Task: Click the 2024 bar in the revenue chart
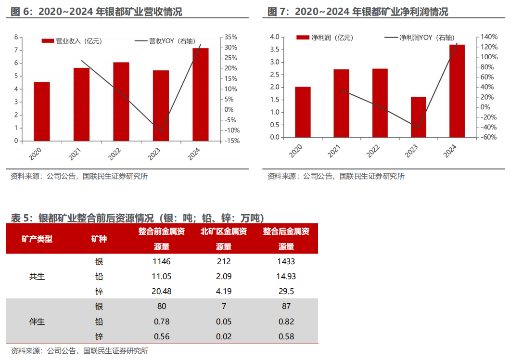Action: point(201,94)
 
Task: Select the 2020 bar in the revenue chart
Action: point(42,112)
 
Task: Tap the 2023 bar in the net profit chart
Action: point(419,117)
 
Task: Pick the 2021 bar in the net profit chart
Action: point(342,103)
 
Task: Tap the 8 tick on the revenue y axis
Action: point(16,37)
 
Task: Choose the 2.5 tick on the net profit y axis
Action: point(275,75)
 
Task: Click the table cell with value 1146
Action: point(161,262)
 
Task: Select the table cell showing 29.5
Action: point(286,291)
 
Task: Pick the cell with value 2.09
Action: point(223,276)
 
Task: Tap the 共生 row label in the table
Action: point(37,277)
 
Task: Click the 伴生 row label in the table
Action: point(37,321)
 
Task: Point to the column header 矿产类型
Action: point(37,239)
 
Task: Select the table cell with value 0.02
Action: point(223,336)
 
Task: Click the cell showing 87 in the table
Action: point(286,307)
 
